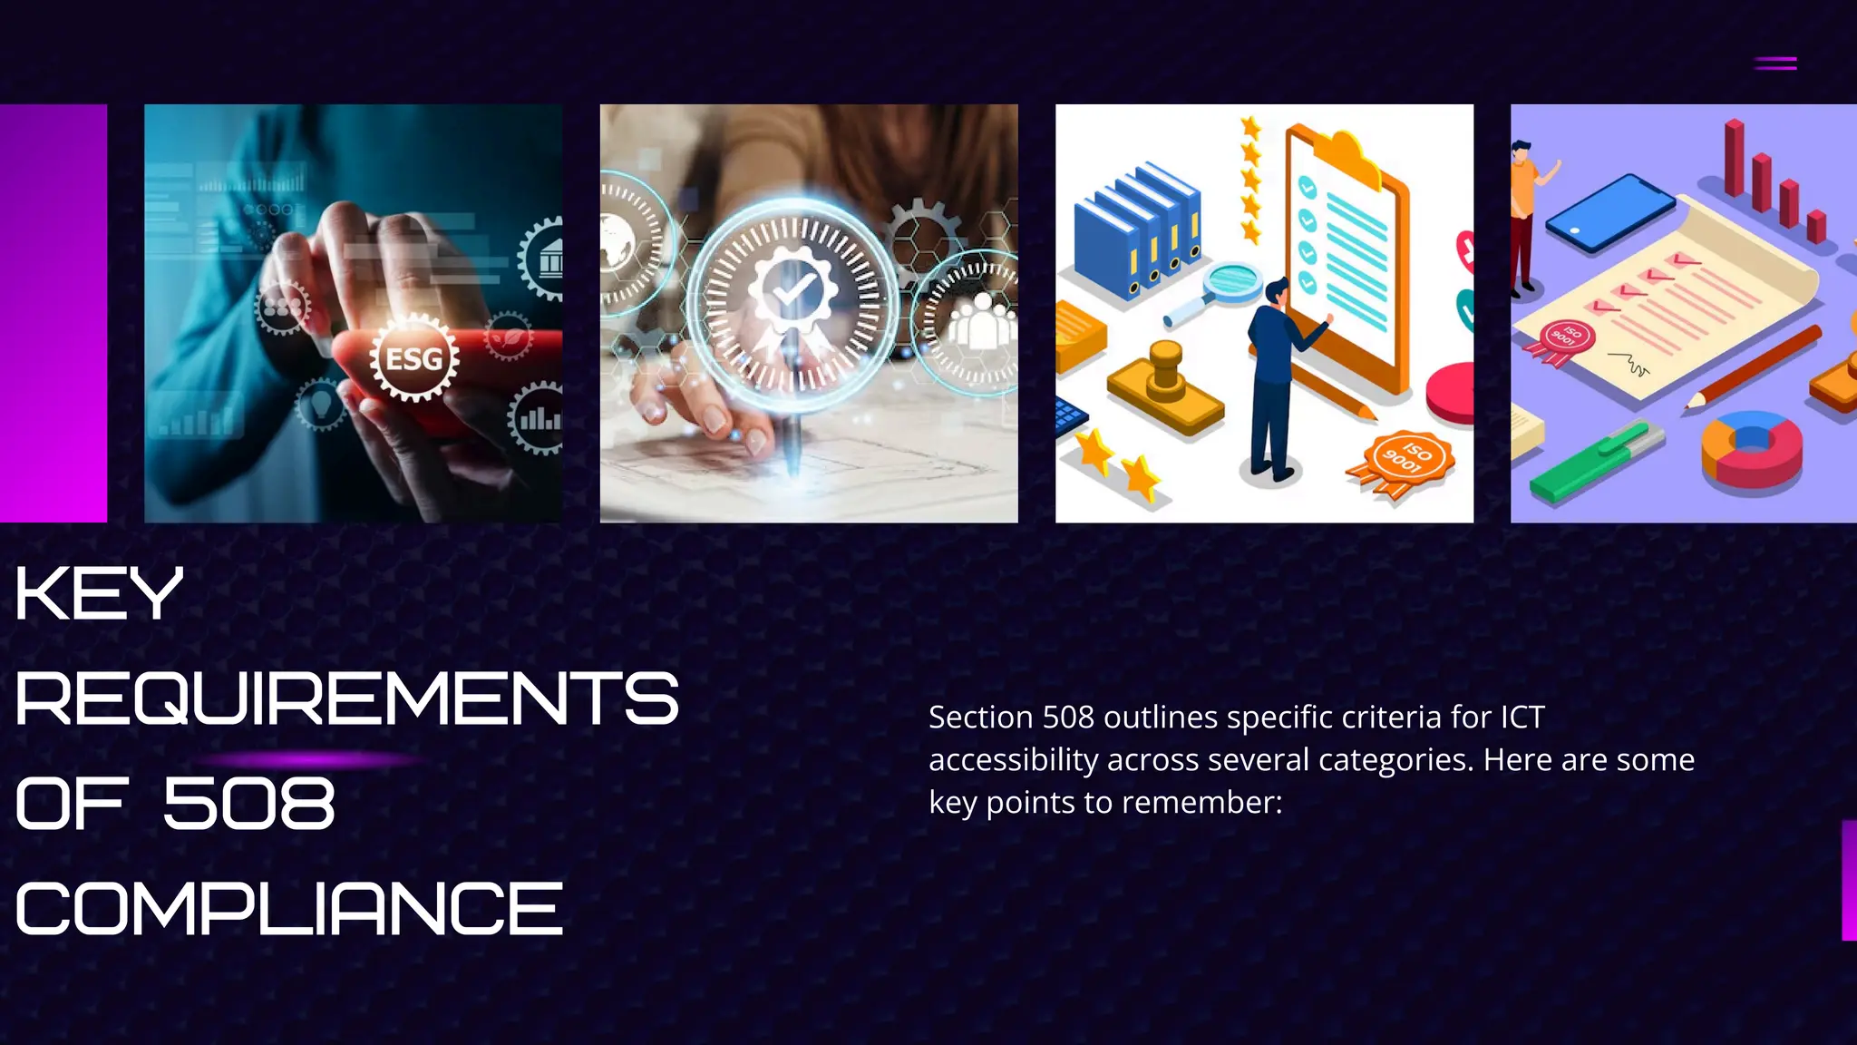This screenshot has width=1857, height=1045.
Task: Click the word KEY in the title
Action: coord(99,594)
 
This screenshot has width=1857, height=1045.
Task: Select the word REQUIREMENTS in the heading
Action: coord(346,699)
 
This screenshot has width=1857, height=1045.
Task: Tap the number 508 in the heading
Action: coord(248,805)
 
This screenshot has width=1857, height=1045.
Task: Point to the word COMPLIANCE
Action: coord(289,910)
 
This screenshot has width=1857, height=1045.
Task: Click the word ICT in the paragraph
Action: coord(1522,718)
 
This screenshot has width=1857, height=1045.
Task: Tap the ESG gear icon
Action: coord(414,358)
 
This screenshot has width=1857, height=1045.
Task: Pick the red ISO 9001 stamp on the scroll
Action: coord(1567,340)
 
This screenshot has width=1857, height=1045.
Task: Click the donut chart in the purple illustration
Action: coord(1752,447)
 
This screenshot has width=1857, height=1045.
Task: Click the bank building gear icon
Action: coord(546,259)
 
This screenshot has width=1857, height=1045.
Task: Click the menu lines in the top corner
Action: coord(1774,63)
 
